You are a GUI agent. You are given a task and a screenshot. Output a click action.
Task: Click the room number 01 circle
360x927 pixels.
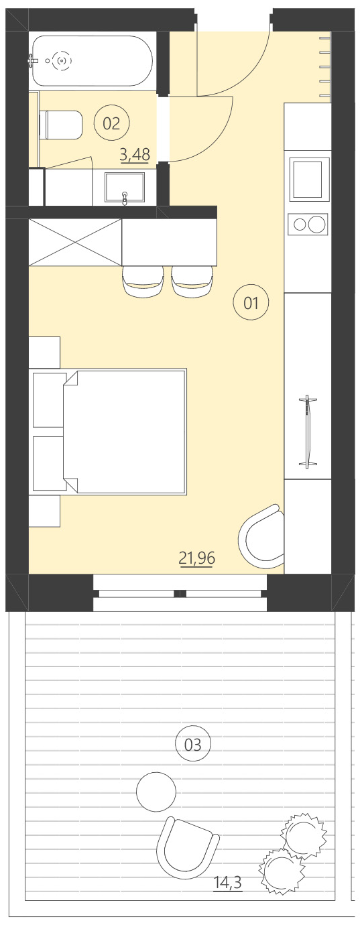251,303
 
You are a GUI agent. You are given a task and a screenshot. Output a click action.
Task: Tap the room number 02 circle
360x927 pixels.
111,123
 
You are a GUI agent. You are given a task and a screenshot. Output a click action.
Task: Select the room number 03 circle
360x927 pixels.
192,744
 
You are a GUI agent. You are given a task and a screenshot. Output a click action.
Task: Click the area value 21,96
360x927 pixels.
196,557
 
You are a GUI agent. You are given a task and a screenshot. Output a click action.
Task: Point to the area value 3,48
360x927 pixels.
134,156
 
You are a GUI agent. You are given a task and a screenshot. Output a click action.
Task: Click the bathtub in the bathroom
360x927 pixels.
93,61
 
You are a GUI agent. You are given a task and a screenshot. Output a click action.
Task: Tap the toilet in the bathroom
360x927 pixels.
61,125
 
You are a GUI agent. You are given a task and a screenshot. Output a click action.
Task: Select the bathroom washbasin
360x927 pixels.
125,188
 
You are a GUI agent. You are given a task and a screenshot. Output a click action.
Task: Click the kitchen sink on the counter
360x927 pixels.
309,178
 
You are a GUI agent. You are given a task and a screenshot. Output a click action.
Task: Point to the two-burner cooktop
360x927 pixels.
308,224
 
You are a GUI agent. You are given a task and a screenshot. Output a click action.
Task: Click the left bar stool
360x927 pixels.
143,281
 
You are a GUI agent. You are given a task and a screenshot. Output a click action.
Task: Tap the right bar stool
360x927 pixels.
192,281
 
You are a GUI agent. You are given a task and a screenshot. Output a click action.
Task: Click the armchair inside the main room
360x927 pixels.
263,534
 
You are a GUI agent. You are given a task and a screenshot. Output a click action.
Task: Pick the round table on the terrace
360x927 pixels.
156,792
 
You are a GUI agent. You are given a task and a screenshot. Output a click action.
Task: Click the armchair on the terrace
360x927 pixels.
187,846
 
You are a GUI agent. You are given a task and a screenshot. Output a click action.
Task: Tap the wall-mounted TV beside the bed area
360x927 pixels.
308,432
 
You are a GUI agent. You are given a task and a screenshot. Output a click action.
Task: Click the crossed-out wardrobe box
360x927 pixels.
75,242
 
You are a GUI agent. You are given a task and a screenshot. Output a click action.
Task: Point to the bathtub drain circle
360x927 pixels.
62,60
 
